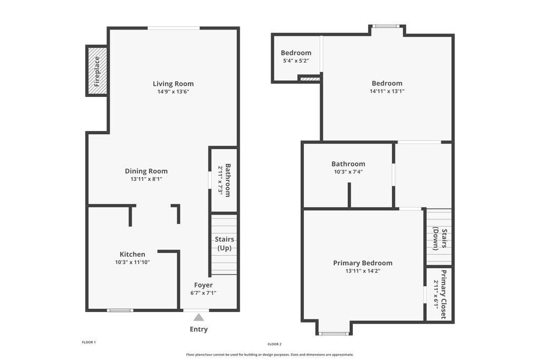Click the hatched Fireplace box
pos(97,71)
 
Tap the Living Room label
pos(173,84)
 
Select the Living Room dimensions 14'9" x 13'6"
pos(173,92)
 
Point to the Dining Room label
pos(147,171)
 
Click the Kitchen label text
pos(132,255)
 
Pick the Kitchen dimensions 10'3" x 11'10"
pos(132,262)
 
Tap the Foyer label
pos(203,285)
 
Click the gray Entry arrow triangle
pos(198,317)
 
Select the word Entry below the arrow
pos(199,329)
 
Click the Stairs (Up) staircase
pos(224,245)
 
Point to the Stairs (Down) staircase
pos(439,237)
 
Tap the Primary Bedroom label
pos(363,263)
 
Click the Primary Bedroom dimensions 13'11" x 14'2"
pos(363,271)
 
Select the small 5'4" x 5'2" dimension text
pos(296,61)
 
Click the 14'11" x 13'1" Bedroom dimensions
pos(387,91)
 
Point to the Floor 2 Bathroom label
pos(348,164)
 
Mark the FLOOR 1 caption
pos(89,343)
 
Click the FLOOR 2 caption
pos(274,344)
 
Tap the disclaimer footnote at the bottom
pos(270,355)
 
